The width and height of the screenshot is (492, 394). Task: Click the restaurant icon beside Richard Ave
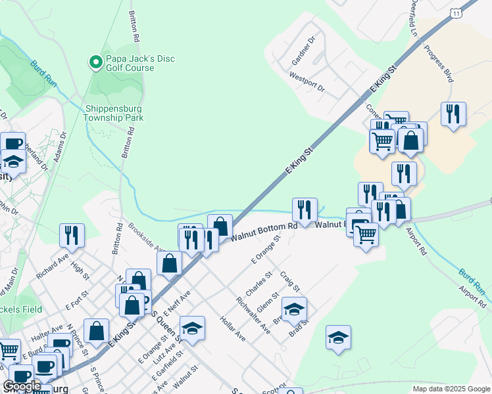72,235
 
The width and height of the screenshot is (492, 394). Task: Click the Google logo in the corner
22,386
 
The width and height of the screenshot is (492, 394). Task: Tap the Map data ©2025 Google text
451,389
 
